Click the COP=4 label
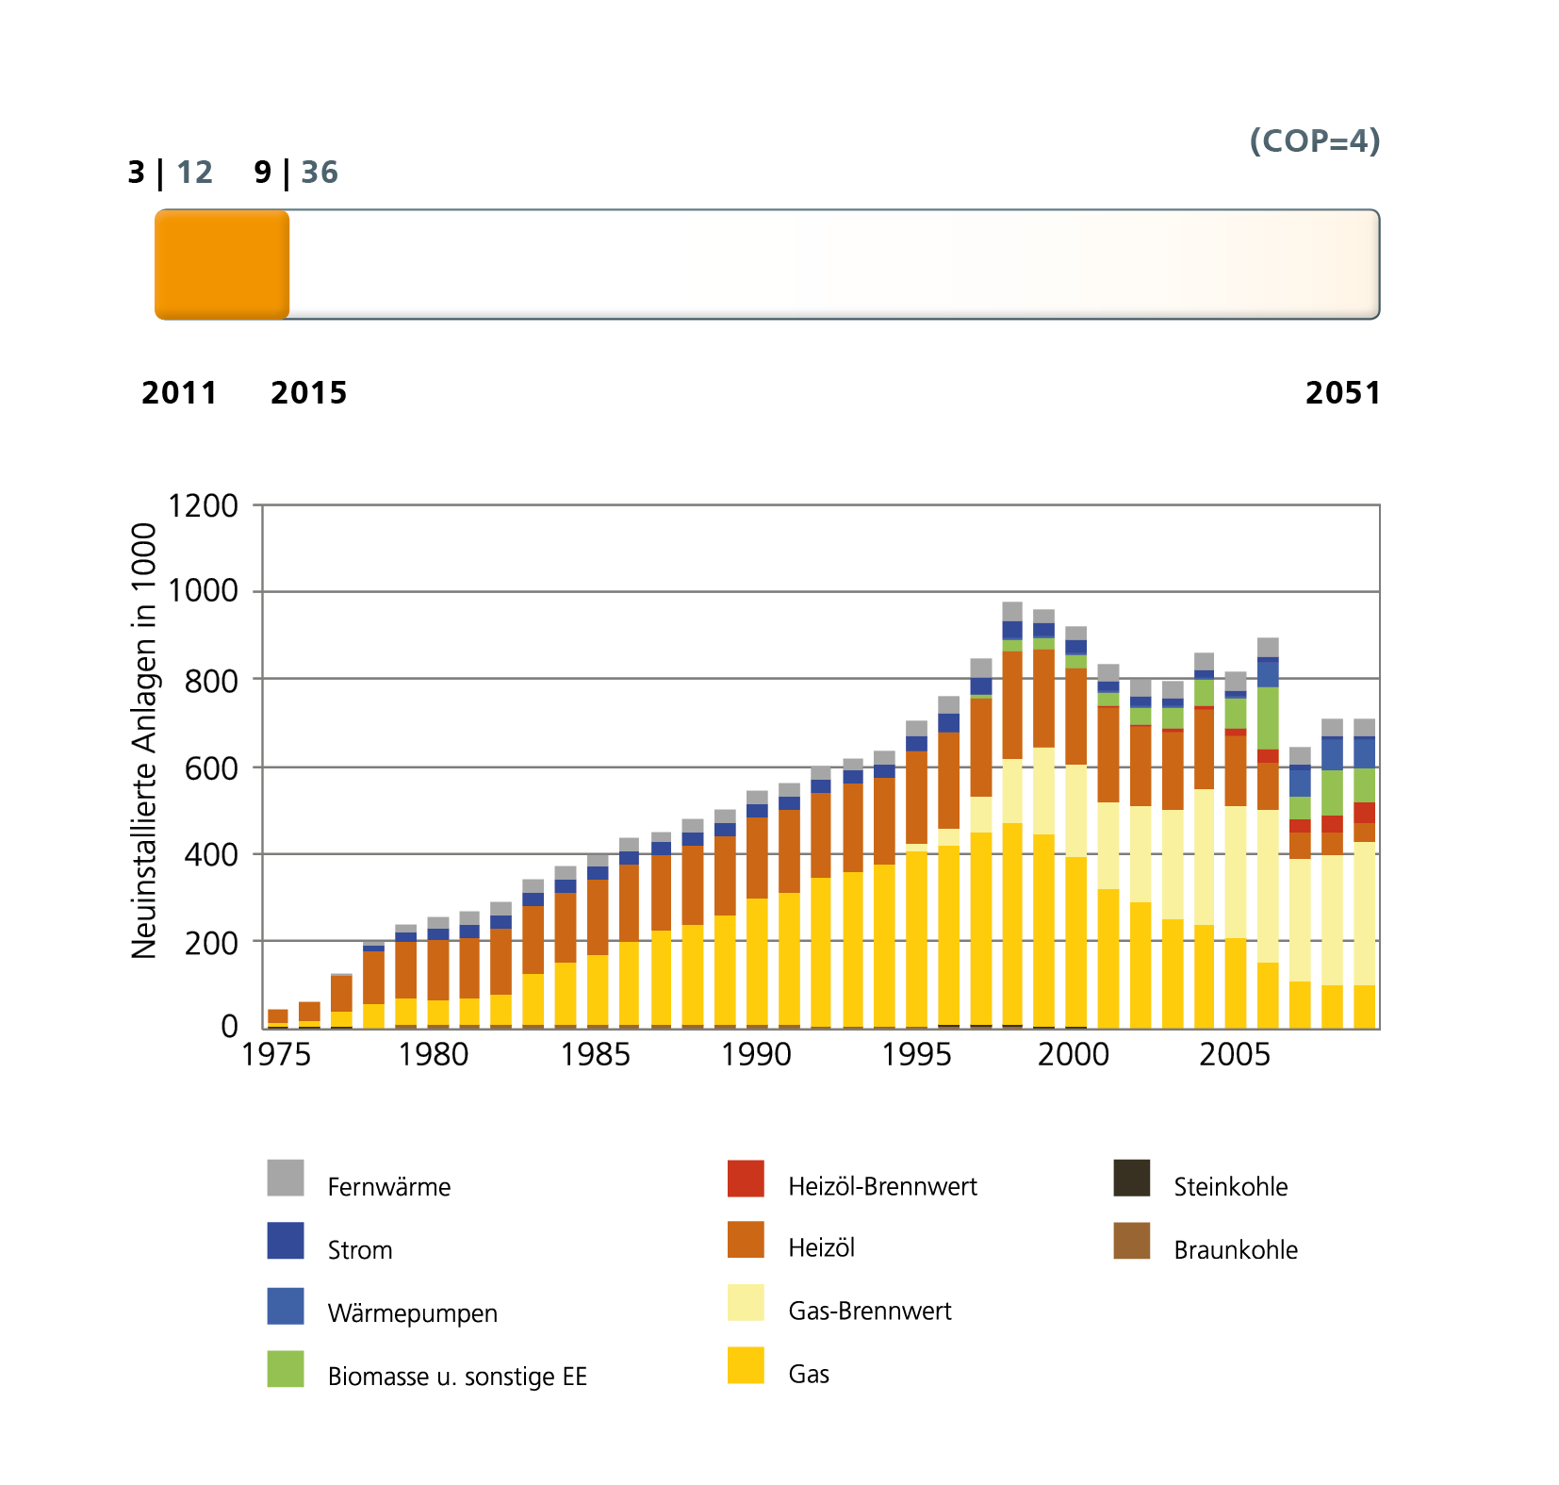[x=1314, y=140]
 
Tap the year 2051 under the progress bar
[x=1342, y=392]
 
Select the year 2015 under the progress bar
[x=308, y=392]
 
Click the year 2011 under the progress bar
[x=179, y=392]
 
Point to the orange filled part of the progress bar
[x=222, y=265]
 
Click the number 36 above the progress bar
[x=320, y=173]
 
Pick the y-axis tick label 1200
[x=203, y=505]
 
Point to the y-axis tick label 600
[x=211, y=767]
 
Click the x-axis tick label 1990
[x=756, y=1053]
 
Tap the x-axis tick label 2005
[x=1235, y=1053]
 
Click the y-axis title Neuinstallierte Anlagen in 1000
[x=143, y=741]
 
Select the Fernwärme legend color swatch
[x=286, y=1178]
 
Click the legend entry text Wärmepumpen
[x=412, y=1312]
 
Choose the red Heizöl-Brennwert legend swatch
[x=746, y=1178]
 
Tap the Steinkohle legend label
[x=1230, y=1186]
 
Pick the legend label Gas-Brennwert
[x=870, y=1311]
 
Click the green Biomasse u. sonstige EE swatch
[x=286, y=1369]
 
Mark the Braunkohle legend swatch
[x=1131, y=1241]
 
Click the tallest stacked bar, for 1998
[x=1012, y=815]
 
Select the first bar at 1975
[x=278, y=1018]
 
